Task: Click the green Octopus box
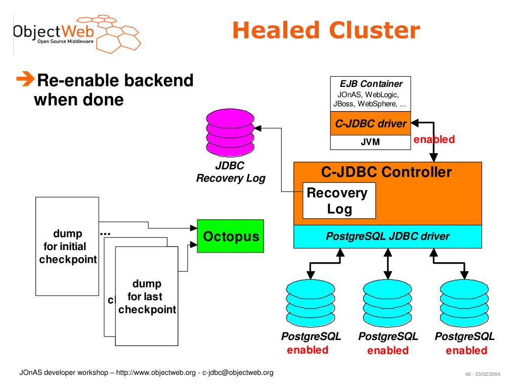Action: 230,236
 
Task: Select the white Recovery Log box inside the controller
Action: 339,201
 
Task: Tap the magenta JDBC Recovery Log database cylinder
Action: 230,133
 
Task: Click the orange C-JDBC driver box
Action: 370,123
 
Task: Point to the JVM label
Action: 370,142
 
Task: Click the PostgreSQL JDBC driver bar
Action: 387,236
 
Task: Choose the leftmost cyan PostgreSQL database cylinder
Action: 310,304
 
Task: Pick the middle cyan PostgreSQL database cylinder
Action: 387,304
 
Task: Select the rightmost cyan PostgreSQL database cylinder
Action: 464,304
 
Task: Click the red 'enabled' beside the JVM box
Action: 434,139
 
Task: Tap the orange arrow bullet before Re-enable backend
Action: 25,79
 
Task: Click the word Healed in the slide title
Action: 276,30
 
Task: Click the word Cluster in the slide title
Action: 374,30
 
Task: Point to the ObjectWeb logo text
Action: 54,32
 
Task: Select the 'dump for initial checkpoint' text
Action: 68,247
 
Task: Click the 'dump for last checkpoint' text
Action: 147,297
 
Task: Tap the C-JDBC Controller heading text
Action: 386,172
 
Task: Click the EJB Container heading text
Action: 371,84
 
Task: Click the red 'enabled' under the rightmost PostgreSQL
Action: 466,351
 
